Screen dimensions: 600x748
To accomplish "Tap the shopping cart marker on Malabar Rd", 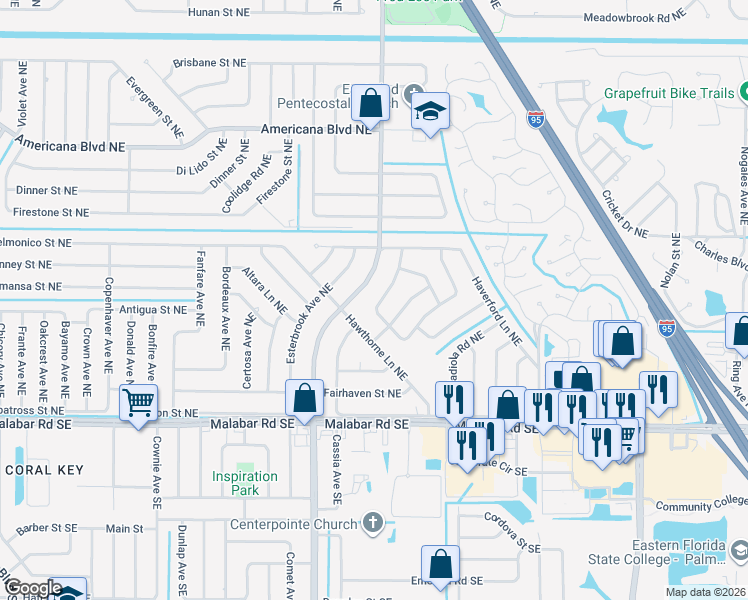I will tap(138, 404).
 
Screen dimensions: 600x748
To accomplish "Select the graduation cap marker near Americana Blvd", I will tap(430, 111).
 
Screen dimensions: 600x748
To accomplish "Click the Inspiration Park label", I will tap(245, 483).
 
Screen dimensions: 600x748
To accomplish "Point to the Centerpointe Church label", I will tap(293, 525).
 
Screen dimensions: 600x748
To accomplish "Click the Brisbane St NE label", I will tap(209, 62).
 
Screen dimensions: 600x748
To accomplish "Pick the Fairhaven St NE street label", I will tap(362, 394).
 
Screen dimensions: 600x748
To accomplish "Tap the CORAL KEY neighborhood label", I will tap(43, 470).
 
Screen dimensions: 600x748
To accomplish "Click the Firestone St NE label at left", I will tap(51, 212).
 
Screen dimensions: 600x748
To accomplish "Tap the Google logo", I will tap(32, 588).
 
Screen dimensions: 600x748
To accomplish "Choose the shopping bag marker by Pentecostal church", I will tap(370, 102).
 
